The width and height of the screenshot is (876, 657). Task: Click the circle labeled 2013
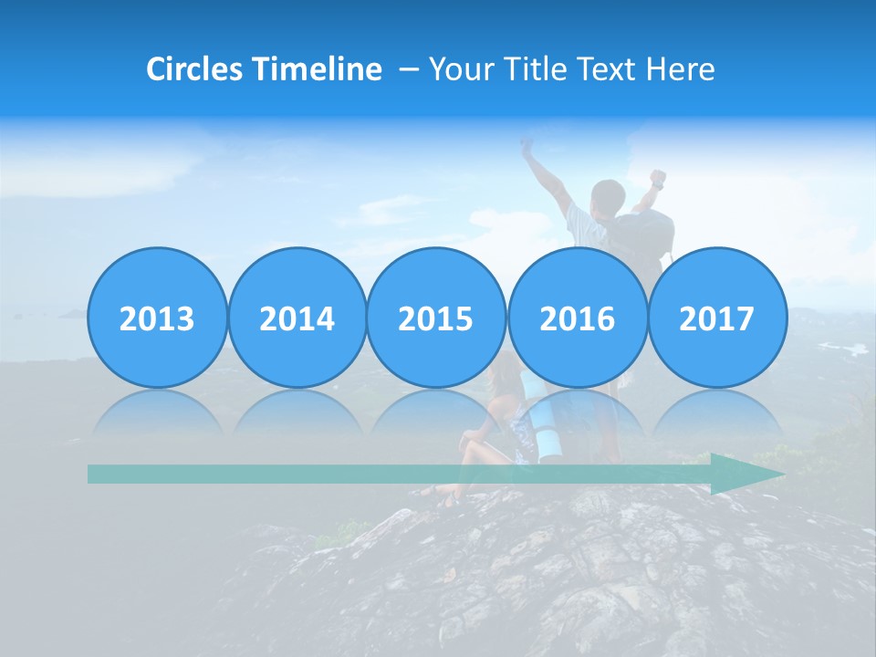point(157,318)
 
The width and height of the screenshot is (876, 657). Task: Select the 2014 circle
point(297,318)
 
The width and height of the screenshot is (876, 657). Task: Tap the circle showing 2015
point(436,318)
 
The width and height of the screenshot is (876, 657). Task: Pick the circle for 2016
point(577,318)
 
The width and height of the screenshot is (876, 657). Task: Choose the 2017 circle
point(717,318)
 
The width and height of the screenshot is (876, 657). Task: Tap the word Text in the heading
point(606,69)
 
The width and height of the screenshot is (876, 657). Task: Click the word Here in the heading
point(681,69)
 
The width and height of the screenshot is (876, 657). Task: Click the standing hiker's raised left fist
point(527,143)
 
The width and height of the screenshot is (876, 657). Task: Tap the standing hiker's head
point(608,195)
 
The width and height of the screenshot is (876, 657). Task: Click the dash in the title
point(409,70)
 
